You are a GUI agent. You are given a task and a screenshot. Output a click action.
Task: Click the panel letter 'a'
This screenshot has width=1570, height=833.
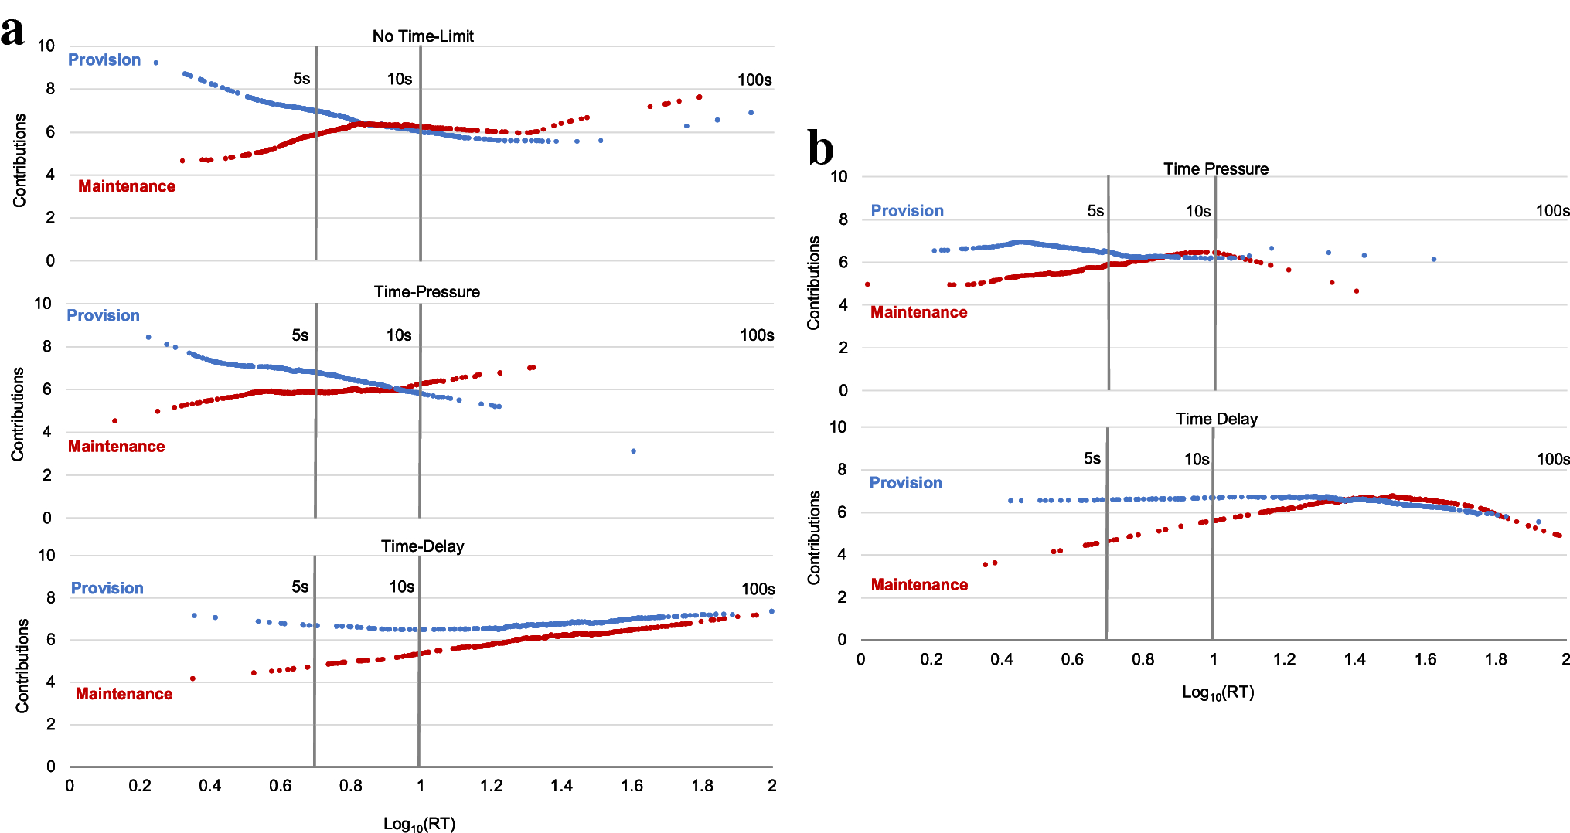coord(12,32)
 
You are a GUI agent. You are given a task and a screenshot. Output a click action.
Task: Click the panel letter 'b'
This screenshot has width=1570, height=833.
coord(820,148)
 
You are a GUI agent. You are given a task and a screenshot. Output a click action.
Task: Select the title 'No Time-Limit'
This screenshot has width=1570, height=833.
coord(423,36)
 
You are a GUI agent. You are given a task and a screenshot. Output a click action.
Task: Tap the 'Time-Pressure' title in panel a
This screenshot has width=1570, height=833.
coord(427,292)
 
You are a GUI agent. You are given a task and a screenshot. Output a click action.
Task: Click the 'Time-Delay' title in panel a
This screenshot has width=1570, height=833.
coord(422,546)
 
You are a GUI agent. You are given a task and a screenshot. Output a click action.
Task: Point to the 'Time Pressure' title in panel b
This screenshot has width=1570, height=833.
coord(1215,169)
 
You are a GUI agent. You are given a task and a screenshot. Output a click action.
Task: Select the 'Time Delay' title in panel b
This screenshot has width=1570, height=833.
coord(1216,419)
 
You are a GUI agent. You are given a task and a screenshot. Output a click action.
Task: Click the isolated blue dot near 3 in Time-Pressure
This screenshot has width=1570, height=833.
coord(633,451)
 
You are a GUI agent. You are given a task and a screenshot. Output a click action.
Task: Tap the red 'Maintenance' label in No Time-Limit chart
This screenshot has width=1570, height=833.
coord(127,186)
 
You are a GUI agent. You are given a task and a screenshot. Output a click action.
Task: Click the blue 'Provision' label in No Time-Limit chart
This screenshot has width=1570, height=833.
coord(104,60)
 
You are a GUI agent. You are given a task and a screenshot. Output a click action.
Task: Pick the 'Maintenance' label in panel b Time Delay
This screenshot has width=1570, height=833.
coord(919,585)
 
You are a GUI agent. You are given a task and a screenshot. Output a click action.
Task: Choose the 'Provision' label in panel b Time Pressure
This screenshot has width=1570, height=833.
coord(907,211)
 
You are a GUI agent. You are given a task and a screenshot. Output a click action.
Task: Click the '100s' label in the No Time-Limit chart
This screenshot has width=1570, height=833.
coord(754,80)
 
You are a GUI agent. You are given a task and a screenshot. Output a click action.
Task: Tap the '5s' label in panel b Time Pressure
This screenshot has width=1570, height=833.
coord(1095,211)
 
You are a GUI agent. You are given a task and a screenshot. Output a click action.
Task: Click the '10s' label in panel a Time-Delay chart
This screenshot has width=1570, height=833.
coord(401,587)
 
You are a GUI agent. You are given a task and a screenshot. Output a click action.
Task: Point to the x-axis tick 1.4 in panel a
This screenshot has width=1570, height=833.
coord(561,786)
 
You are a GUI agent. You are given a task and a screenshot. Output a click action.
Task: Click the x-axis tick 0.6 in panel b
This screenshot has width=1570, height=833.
coord(1071,659)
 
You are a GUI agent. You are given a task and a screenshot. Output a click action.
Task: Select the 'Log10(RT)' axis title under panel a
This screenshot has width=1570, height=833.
coord(419,824)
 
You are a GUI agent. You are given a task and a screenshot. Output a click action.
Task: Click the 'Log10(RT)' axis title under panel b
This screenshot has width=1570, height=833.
coord(1218,692)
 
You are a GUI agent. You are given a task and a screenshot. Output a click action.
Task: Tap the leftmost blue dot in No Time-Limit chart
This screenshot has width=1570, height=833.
coord(156,63)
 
